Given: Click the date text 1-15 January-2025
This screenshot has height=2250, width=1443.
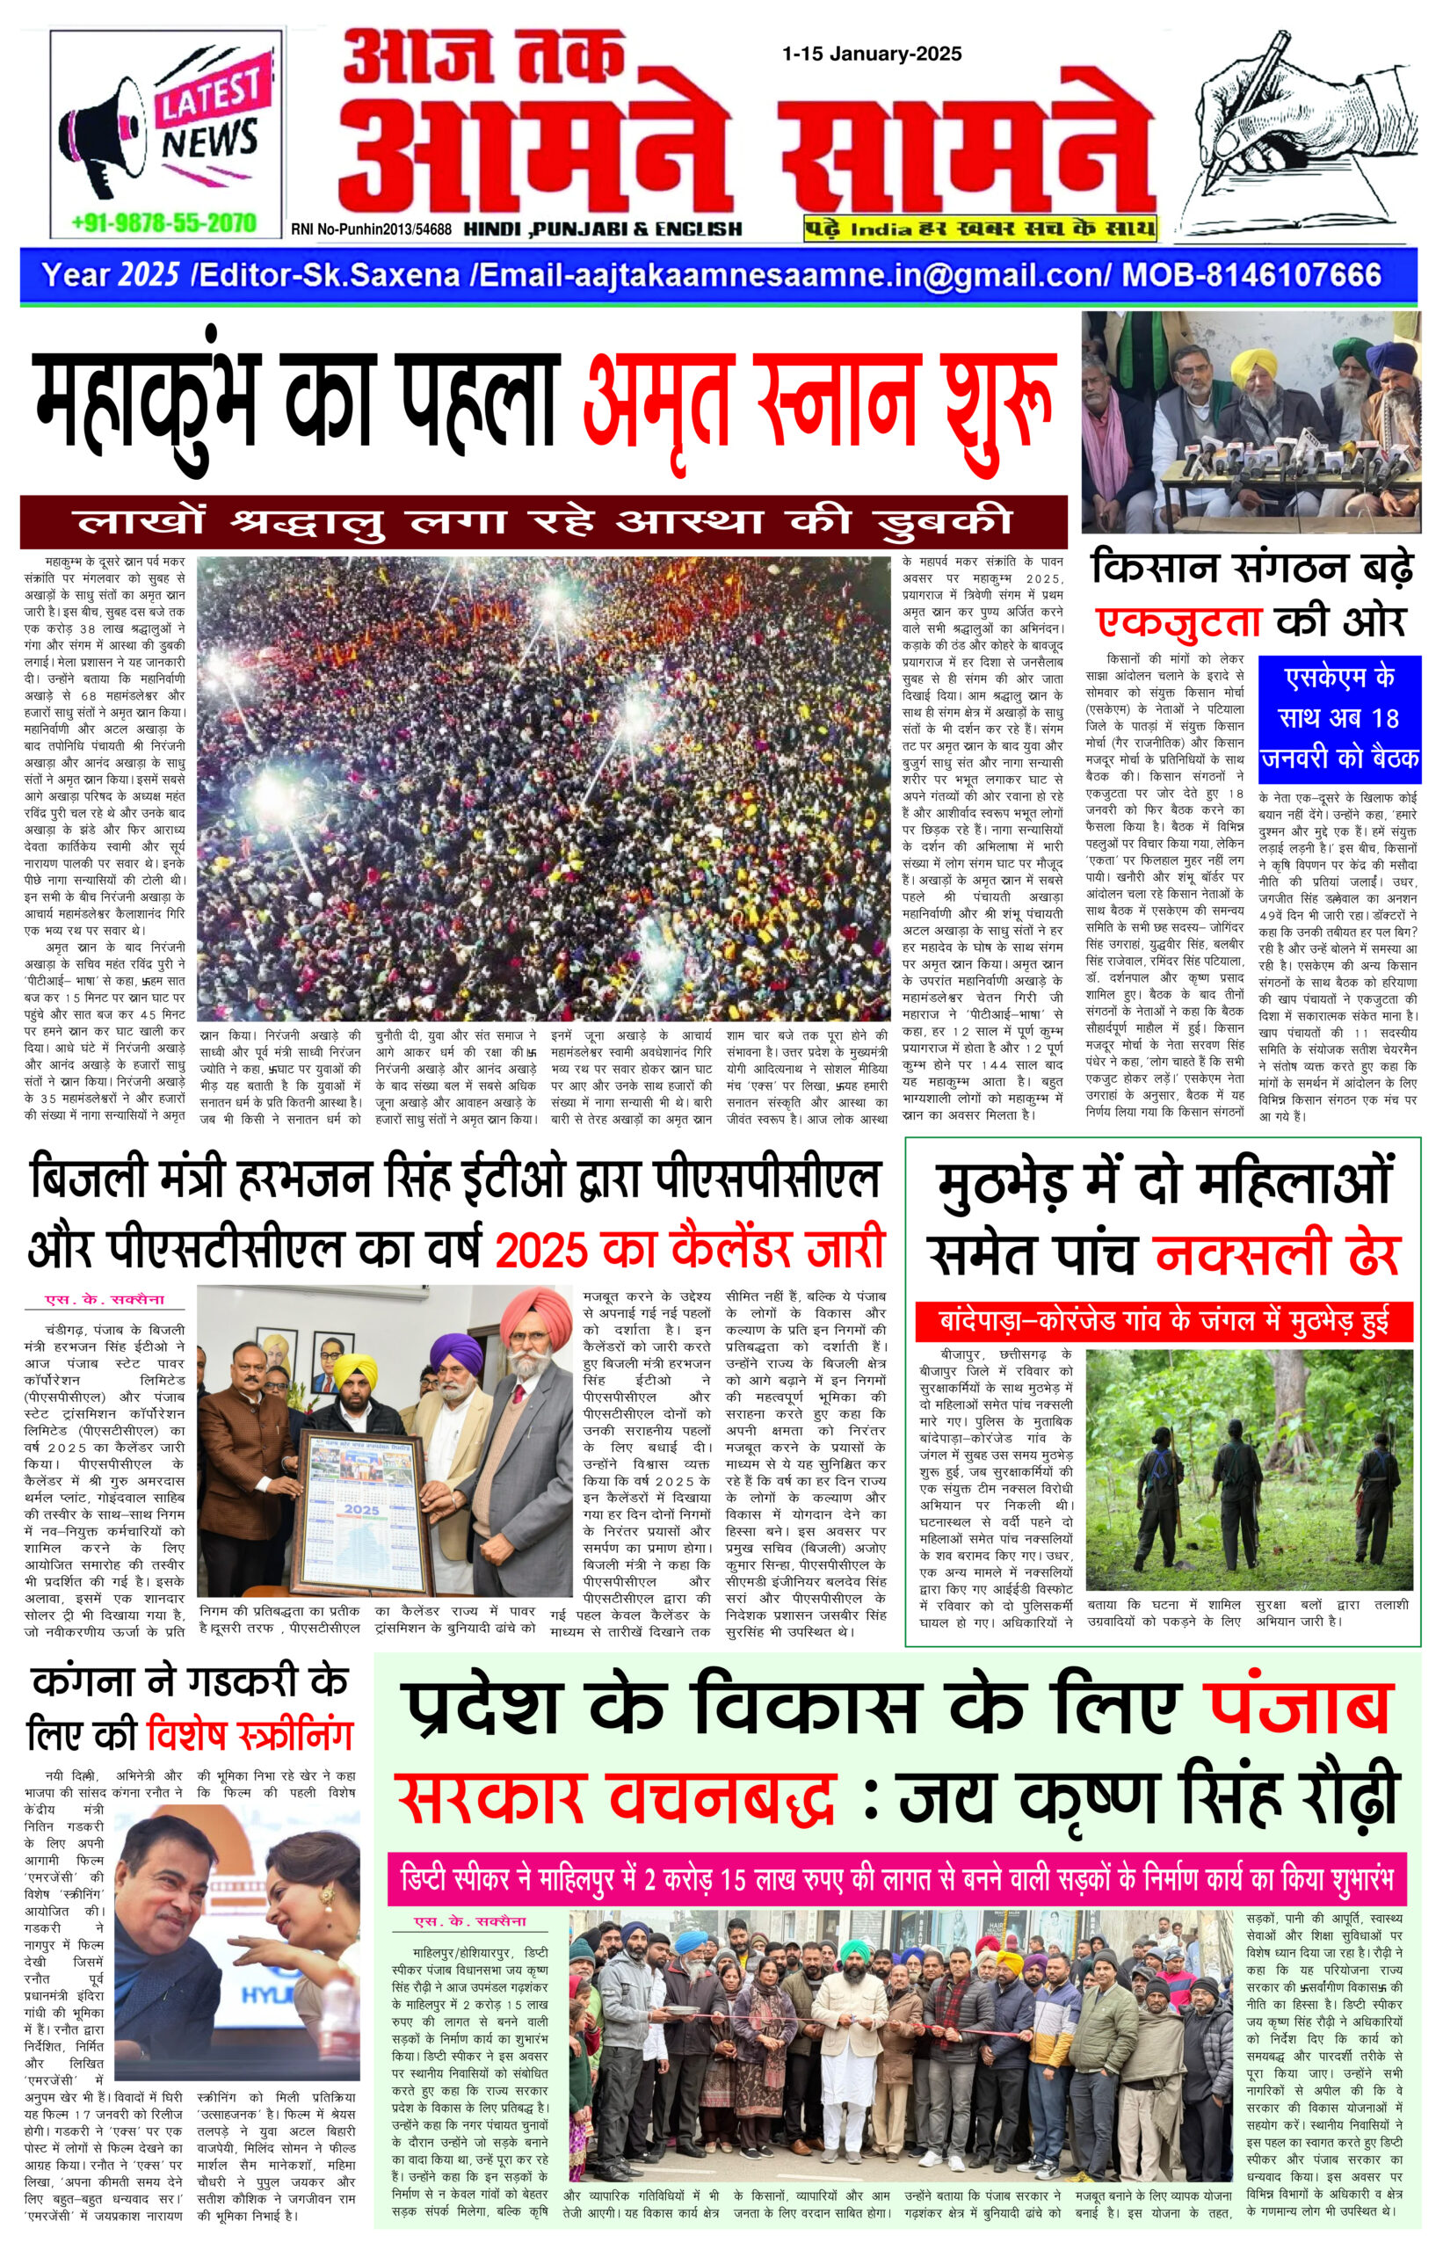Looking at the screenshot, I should click(872, 54).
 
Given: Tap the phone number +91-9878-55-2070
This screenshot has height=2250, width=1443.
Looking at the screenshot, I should click(164, 222).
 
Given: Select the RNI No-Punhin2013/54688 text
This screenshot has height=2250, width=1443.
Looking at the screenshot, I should click(371, 229).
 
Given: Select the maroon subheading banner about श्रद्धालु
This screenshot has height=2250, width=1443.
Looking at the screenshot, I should click(543, 522).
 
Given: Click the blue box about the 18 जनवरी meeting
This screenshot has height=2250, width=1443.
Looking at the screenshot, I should click(1339, 719).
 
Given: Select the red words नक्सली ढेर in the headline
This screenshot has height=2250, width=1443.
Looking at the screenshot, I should click(1276, 1256).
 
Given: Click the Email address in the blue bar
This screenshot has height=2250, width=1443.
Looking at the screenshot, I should click(792, 274).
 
